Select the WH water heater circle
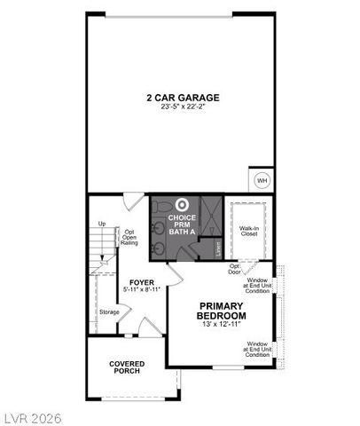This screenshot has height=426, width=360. (262, 180)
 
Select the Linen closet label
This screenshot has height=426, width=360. (218, 248)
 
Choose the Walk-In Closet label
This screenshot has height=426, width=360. (249, 231)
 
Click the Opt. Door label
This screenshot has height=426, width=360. (235, 269)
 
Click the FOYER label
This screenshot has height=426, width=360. (142, 282)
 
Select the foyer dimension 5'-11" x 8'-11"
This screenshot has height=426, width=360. (142, 290)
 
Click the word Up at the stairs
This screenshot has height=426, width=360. (102, 224)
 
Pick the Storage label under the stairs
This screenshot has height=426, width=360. (109, 312)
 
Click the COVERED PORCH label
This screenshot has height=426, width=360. (127, 367)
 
